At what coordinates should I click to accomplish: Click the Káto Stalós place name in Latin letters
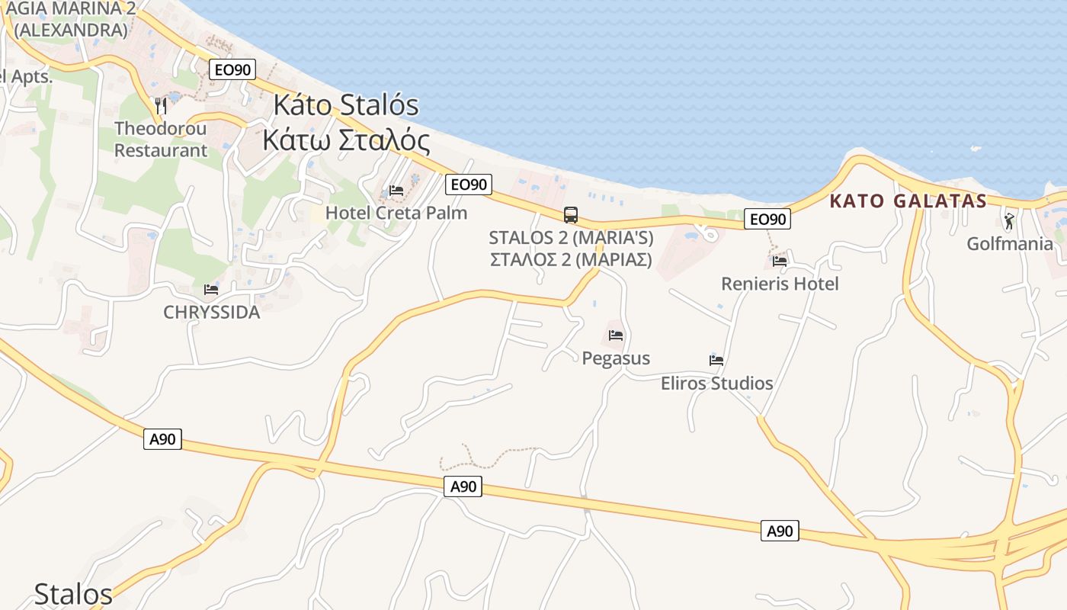(346, 104)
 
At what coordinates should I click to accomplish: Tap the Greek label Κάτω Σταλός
(346, 140)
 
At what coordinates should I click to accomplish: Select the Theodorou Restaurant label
(160, 139)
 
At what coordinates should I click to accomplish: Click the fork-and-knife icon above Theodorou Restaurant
(160, 104)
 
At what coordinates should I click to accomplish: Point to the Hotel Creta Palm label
(396, 213)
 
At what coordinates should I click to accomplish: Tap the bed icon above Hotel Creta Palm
(396, 190)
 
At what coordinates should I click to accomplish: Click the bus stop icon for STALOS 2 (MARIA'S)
(571, 214)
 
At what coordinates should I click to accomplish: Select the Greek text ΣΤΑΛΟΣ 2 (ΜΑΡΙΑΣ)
(571, 259)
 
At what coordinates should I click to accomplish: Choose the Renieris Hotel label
(780, 284)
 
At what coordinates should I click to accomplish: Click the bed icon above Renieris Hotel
(780, 261)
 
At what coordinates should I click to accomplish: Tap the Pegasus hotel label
(616, 358)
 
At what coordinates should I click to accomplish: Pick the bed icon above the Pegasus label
(616, 335)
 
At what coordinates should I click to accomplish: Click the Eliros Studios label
(716, 383)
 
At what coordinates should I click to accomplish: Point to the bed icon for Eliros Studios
(716, 360)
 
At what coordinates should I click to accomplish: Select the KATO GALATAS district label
(908, 201)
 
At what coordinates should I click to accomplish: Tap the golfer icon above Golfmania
(1010, 221)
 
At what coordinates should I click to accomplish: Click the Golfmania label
(1010, 244)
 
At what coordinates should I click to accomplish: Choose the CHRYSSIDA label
(211, 313)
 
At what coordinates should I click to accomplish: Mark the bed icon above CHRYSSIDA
(211, 290)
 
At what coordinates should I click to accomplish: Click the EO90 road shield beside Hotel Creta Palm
(469, 184)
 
